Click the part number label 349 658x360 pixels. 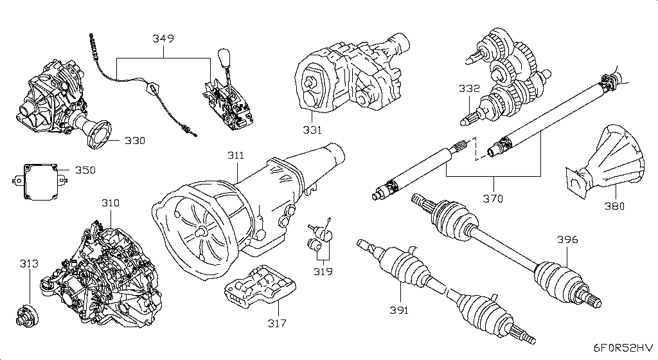163,39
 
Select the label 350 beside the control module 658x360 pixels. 85,170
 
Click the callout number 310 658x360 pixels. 110,203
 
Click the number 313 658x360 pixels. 28,264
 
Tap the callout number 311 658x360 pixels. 235,156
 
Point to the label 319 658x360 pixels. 323,271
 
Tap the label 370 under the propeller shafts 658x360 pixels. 493,199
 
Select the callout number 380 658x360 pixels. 616,207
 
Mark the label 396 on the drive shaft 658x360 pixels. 567,240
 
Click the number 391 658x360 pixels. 399,310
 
